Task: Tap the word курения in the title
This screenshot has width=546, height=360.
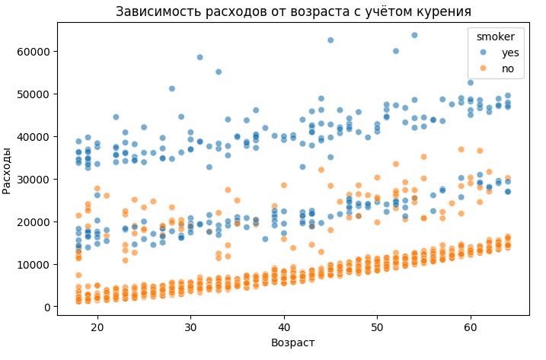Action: (443, 11)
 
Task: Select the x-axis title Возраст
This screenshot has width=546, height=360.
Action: (293, 342)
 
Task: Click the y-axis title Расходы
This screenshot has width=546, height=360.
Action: (8, 170)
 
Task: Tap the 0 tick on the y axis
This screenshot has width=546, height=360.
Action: (47, 307)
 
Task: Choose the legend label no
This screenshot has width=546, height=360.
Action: (507, 68)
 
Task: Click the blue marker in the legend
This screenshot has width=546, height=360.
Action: (482, 53)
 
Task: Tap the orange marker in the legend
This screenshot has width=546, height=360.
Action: (482, 68)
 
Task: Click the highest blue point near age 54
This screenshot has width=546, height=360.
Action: (414, 35)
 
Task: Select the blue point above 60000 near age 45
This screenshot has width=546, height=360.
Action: (330, 40)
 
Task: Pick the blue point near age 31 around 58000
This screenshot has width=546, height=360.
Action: (200, 57)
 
